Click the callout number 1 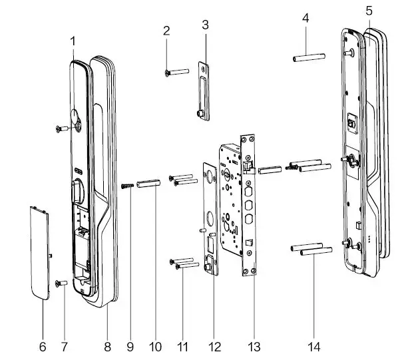(x=74, y=40)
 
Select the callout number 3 (x=205, y=25)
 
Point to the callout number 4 (x=305, y=18)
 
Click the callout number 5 (x=369, y=10)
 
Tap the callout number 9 (x=130, y=347)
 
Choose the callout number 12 (x=213, y=347)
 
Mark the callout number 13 (x=253, y=347)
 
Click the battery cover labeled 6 (x=40, y=253)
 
